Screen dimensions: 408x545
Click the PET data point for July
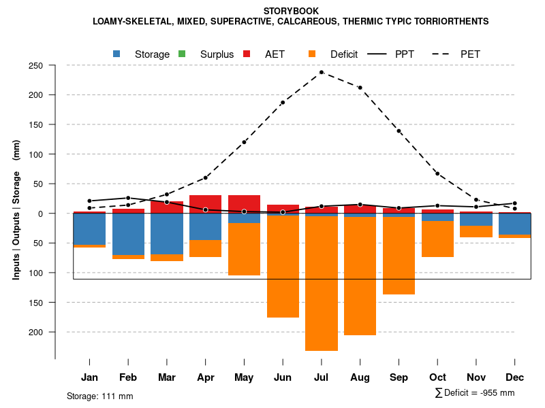click(x=322, y=72)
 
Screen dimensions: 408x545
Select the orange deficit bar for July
click(x=322, y=283)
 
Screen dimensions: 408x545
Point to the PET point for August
click(x=360, y=88)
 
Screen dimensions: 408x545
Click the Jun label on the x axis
click(x=283, y=377)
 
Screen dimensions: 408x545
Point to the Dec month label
click(x=515, y=377)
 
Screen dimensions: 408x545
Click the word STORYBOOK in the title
click(x=291, y=11)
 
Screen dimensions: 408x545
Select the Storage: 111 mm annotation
click(x=99, y=396)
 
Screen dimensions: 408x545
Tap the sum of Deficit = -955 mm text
click(x=475, y=393)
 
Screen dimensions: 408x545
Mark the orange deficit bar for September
click(x=399, y=256)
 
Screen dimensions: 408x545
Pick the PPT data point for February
click(x=128, y=198)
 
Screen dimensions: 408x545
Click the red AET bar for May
click(x=244, y=203)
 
